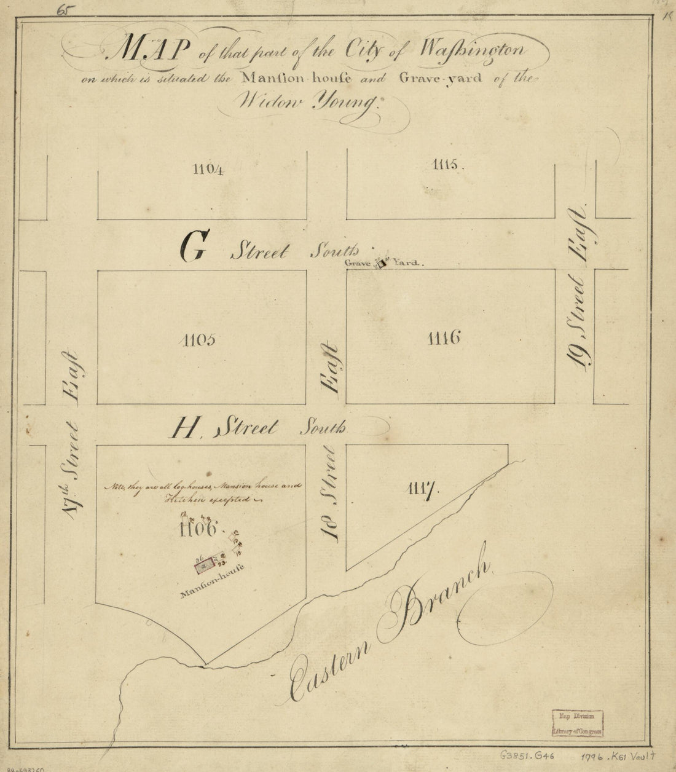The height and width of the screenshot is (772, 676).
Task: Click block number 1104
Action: point(202,170)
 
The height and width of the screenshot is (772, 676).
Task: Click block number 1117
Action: point(422,489)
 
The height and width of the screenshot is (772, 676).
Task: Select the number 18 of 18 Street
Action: point(332,526)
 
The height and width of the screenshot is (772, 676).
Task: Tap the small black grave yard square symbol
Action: point(382,264)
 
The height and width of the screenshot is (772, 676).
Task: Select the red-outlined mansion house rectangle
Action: point(205,564)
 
